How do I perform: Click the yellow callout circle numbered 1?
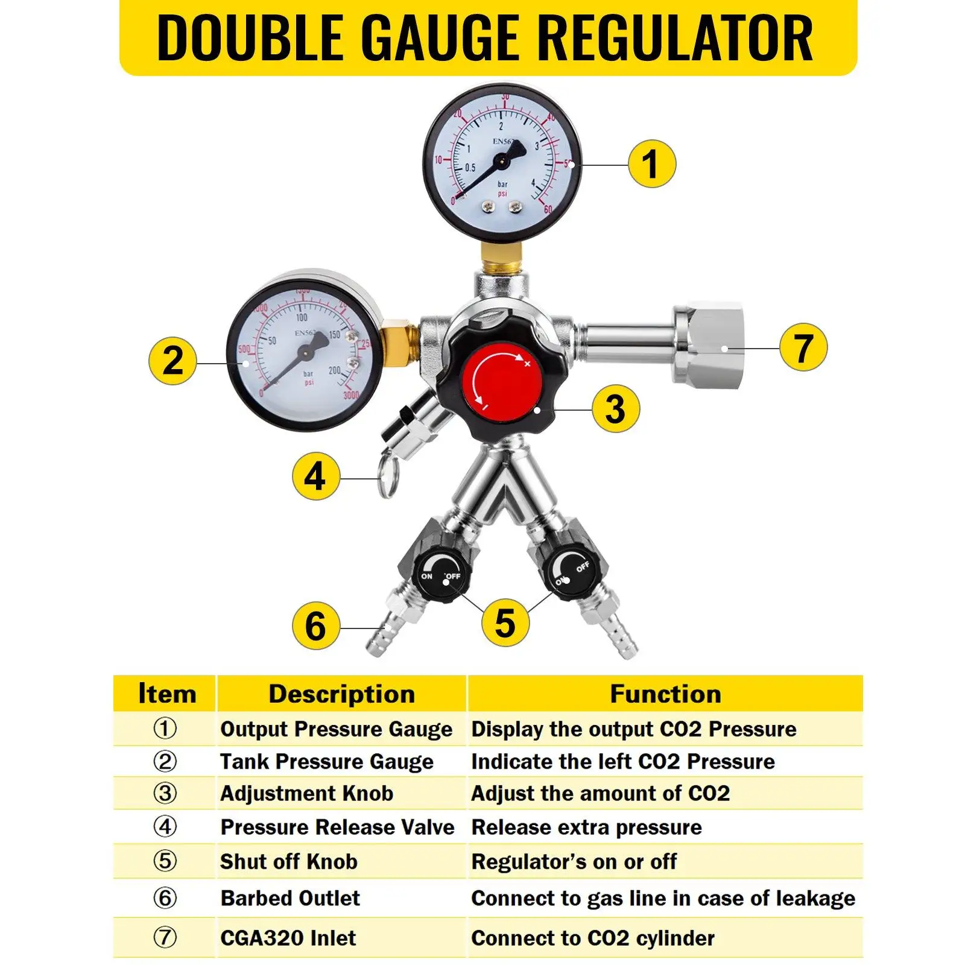pyautogui.click(x=651, y=164)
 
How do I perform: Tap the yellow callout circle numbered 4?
pyautogui.click(x=315, y=476)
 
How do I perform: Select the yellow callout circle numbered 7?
pyautogui.click(x=803, y=347)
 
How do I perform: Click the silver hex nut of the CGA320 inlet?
pyautogui.click(x=709, y=345)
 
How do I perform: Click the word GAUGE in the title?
pyautogui.click(x=444, y=38)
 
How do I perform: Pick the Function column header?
pyautogui.click(x=665, y=694)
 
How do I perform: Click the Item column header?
pyautogui.click(x=166, y=694)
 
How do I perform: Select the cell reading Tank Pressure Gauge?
pyautogui.click(x=326, y=761)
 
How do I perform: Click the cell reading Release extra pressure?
pyautogui.click(x=586, y=827)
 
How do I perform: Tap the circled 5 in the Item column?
pyautogui.click(x=165, y=861)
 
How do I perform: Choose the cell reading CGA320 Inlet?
pyautogui.click(x=288, y=938)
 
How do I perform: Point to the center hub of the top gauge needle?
pyautogui.click(x=501, y=160)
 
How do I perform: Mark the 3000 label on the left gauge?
pyautogui.click(x=350, y=395)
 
